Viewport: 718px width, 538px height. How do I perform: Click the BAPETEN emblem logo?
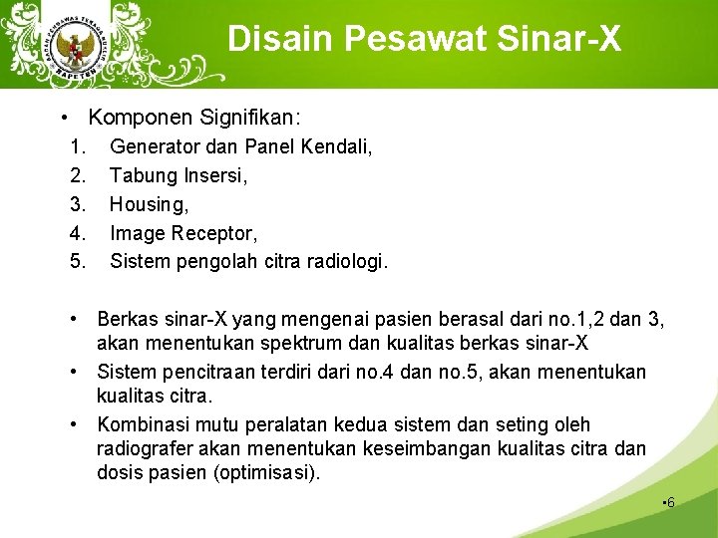pyautogui.click(x=74, y=46)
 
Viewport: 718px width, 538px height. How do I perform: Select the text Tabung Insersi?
pyautogui.click(x=179, y=176)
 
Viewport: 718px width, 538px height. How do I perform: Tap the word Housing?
pyautogui.click(x=148, y=205)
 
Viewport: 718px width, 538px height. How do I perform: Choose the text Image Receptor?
pyautogui.click(x=183, y=234)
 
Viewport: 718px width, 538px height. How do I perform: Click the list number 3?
pyautogui.click(x=79, y=205)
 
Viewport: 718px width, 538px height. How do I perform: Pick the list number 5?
pyautogui.click(x=79, y=263)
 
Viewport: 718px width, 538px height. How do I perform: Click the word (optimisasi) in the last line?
pyautogui.click(x=268, y=473)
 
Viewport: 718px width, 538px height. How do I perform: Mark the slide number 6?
pyautogui.click(x=670, y=502)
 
